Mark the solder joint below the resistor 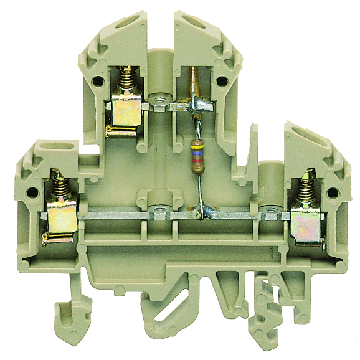(201, 212)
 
